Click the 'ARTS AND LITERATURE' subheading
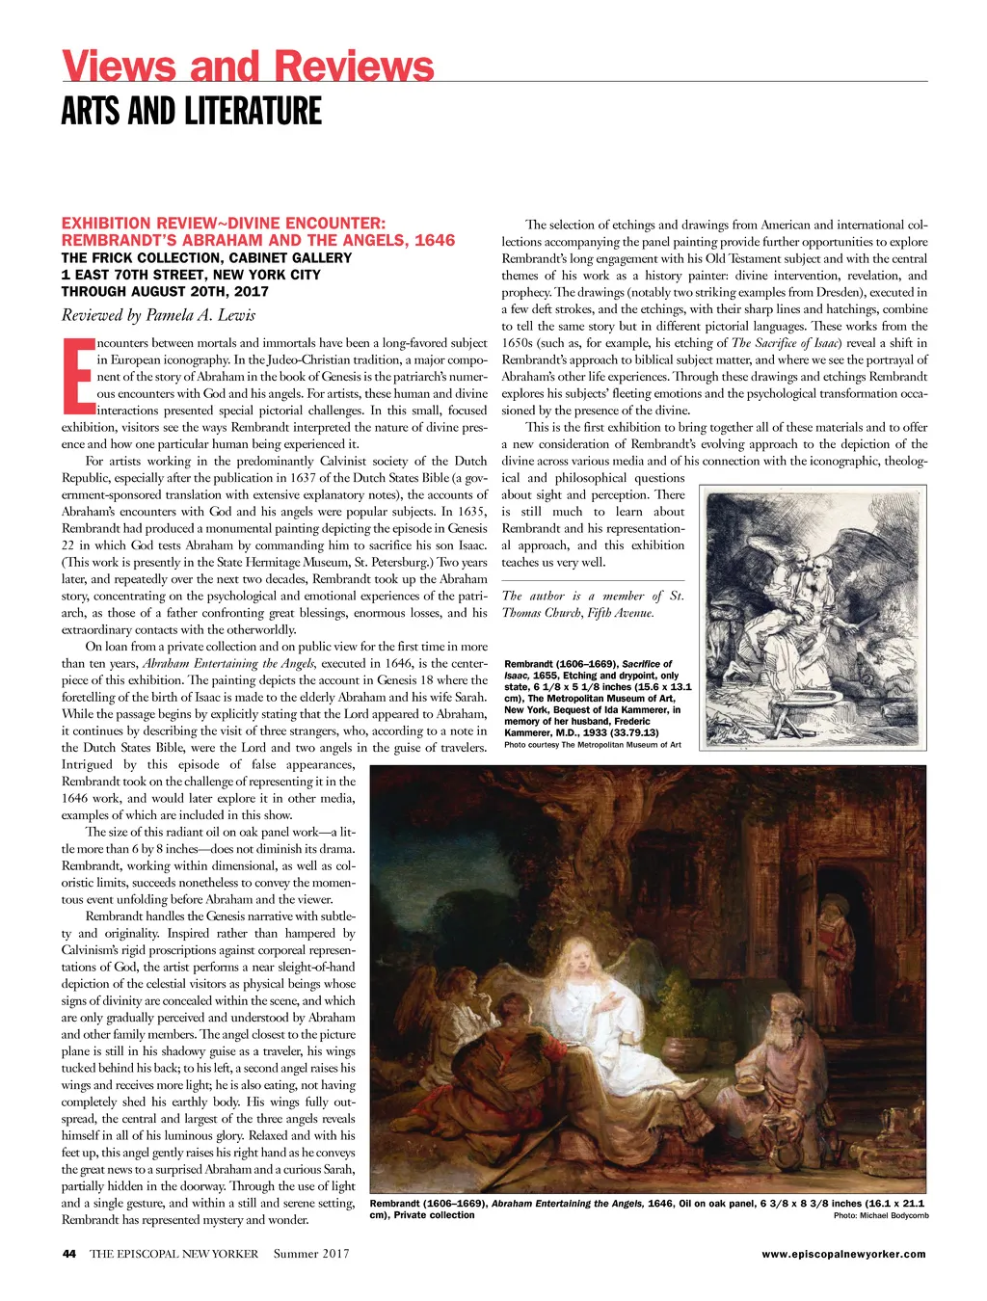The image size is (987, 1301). [x=191, y=112]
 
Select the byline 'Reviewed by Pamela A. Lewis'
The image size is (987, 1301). [x=158, y=315]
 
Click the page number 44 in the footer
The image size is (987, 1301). [x=68, y=1254]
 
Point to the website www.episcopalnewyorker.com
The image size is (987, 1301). [x=843, y=1254]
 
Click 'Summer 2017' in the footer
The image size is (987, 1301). [x=311, y=1254]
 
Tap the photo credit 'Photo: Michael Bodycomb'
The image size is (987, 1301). [x=880, y=1216]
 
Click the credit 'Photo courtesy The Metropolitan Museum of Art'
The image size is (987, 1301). [x=592, y=745]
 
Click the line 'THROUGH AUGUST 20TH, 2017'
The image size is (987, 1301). [x=165, y=291]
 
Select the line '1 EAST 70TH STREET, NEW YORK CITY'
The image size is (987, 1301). [x=191, y=275]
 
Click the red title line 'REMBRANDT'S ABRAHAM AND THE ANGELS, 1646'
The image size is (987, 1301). [x=258, y=240]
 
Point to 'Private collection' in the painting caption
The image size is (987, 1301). [x=434, y=1215]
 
